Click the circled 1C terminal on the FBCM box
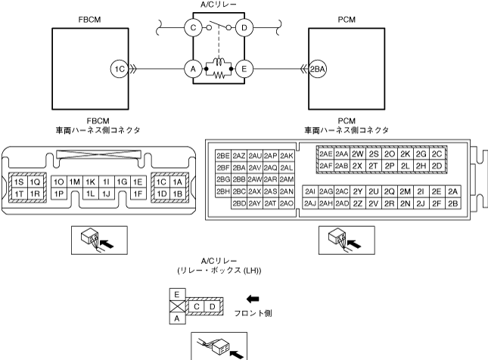point(118,68)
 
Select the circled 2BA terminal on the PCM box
point(319,68)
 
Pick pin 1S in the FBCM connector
point(18,182)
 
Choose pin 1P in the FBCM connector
point(59,194)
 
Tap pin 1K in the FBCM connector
point(90,182)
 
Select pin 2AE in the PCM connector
point(325,153)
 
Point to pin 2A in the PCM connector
point(452,191)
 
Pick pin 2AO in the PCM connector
point(286,203)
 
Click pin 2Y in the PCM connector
point(358,191)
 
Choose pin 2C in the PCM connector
point(437,153)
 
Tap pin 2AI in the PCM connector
point(309,191)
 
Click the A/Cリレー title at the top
point(218,5)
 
